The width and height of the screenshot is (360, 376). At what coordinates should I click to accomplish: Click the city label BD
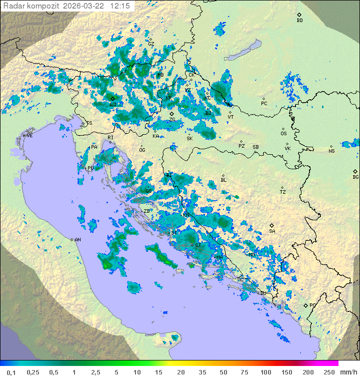[299, 21]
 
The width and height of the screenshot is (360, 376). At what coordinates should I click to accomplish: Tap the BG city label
[355, 177]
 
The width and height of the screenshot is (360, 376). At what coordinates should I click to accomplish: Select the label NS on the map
[331, 151]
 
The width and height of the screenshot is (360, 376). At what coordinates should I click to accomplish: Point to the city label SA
[272, 231]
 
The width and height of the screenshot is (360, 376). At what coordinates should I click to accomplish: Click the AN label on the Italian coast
[77, 240]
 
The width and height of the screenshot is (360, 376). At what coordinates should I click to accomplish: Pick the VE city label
[29, 136]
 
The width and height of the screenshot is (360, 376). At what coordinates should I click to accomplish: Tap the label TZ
[283, 192]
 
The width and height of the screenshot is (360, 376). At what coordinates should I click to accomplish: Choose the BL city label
[223, 180]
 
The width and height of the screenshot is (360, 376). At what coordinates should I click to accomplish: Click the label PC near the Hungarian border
[264, 104]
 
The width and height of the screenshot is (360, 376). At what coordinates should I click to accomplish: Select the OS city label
[283, 134]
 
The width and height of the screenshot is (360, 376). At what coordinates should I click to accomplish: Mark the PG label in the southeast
[312, 305]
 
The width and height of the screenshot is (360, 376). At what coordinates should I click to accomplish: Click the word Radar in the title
[13, 6]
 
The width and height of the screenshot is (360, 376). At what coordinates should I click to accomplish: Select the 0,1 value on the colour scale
[11, 372]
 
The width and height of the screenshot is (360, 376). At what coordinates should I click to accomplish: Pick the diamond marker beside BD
[299, 15]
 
